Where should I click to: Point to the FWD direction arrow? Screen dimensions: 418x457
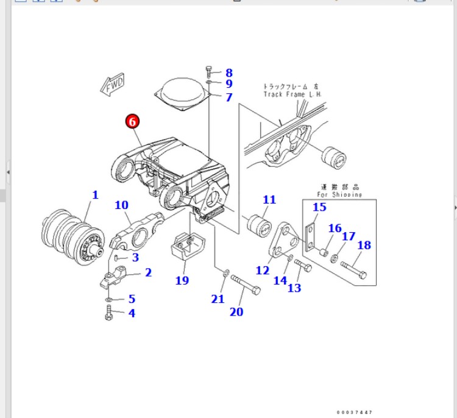tap(113, 86)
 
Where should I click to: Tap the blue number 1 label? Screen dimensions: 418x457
tap(95, 195)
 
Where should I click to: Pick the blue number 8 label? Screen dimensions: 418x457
tap(228, 73)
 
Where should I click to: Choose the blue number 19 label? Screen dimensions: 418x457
tap(182, 280)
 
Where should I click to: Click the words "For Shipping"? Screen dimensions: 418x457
tap(339, 194)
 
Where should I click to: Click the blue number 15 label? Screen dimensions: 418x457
tap(320, 207)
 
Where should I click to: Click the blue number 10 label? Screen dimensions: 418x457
tap(121, 205)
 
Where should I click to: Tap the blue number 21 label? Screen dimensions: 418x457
tap(218, 299)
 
